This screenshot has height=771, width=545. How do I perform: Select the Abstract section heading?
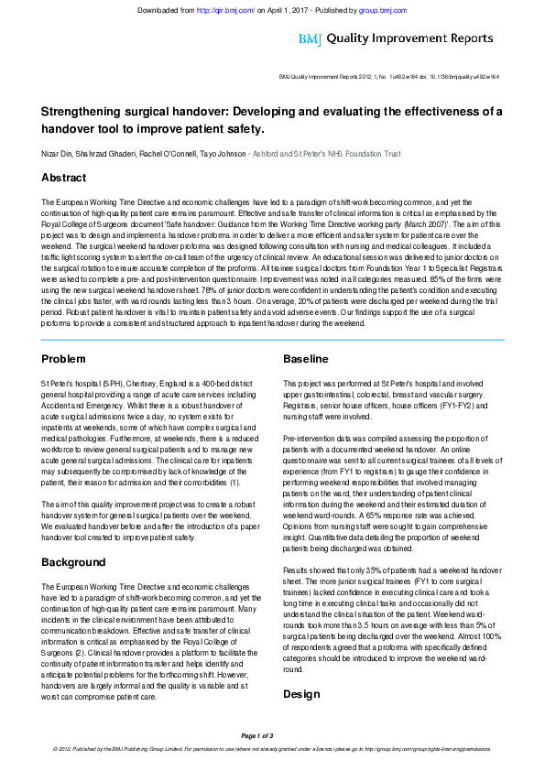[x=64, y=178]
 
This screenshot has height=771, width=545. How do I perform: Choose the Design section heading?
[x=302, y=695]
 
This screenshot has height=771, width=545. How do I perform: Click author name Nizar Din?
[x=57, y=154]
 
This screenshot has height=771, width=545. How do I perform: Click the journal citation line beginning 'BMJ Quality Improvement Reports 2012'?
[x=388, y=77]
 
